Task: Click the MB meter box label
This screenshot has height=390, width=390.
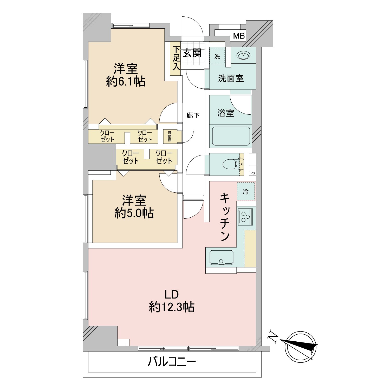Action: coord(239,36)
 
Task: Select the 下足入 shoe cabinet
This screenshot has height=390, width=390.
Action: coord(175,59)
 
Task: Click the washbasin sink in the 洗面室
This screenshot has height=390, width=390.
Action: coord(244,55)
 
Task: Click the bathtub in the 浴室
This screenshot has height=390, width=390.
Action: coord(231,136)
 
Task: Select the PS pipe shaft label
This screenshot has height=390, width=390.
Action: coord(252,173)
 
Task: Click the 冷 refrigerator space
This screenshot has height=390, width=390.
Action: coord(246,191)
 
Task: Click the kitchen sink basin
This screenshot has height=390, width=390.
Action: coord(221,257)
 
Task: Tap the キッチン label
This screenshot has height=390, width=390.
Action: coord(225,217)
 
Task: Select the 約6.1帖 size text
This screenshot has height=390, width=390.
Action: coord(126,82)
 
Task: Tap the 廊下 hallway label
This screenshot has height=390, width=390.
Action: coord(193,115)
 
